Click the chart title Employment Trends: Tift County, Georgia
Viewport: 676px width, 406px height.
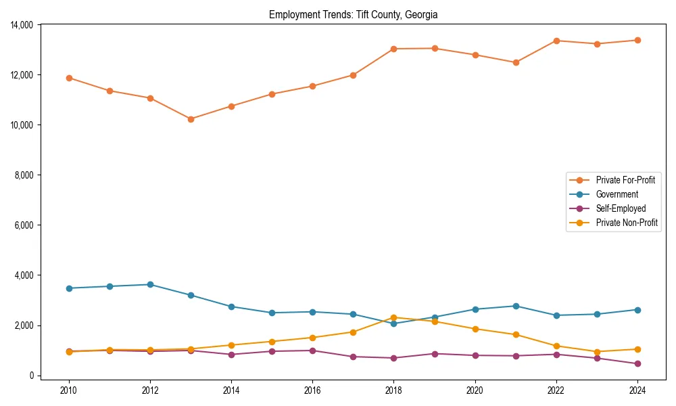click(x=353, y=14)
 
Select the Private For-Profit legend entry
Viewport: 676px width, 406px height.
click(x=625, y=180)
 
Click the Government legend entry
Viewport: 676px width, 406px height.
click(x=617, y=194)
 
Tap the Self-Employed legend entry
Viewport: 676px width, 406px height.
click(x=621, y=208)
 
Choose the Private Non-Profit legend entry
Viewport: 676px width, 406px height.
click(x=627, y=223)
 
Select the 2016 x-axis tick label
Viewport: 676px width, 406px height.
click(x=312, y=390)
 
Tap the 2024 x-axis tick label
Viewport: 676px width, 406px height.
click(x=637, y=390)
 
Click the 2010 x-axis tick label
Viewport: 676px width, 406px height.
click(x=69, y=390)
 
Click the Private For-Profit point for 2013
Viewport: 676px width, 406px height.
click(x=191, y=119)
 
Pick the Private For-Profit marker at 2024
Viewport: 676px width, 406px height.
click(x=637, y=40)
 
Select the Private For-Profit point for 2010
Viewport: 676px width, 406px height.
click(x=69, y=78)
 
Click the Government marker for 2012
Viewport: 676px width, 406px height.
click(x=150, y=284)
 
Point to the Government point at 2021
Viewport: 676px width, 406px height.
click(x=516, y=306)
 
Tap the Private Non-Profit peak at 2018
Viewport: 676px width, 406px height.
click(x=393, y=317)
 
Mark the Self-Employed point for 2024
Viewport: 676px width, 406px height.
click(x=637, y=363)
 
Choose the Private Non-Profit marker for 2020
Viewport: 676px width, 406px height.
click(x=475, y=329)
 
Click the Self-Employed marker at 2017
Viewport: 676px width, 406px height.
click(x=353, y=357)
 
